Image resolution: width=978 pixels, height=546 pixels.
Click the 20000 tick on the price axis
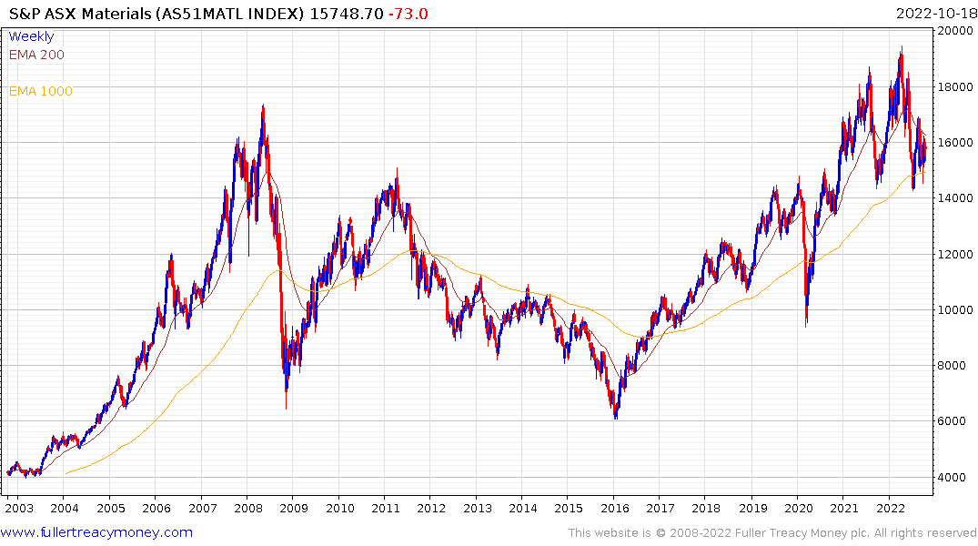[954, 31]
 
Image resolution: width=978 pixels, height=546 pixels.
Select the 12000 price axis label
[954, 254]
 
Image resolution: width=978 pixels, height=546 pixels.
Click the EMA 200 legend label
[36, 55]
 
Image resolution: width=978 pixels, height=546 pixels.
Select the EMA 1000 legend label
[40, 91]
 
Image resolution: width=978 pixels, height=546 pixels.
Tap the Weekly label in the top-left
[31, 36]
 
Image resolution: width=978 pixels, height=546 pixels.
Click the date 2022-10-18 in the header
[934, 13]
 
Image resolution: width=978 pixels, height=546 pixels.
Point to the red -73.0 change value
[408, 13]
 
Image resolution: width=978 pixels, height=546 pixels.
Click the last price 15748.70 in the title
[348, 13]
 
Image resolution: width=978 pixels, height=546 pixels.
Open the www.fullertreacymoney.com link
[97, 532]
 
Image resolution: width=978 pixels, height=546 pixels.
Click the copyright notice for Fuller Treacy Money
[773, 532]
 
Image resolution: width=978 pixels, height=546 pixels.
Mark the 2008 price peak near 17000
[263, 106]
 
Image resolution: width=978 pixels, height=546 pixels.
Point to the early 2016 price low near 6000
[616, 418]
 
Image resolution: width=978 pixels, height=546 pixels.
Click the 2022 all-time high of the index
[902, 48]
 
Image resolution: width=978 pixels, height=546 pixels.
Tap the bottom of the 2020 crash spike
[806, 325]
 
